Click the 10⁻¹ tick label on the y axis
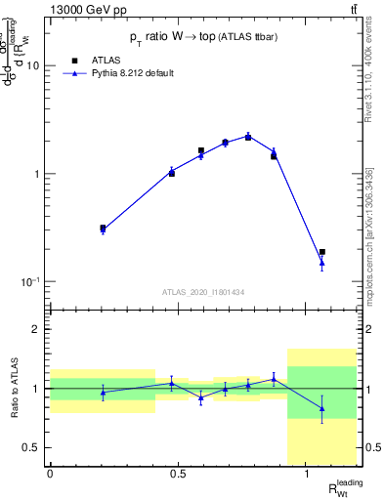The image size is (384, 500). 30,281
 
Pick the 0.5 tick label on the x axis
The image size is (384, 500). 178,474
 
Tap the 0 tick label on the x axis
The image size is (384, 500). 50,474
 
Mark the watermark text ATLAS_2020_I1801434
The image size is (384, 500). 203,292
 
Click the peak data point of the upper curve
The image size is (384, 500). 248,137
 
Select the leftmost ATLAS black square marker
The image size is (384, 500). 103,229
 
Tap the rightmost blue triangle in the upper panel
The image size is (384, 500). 321,262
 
